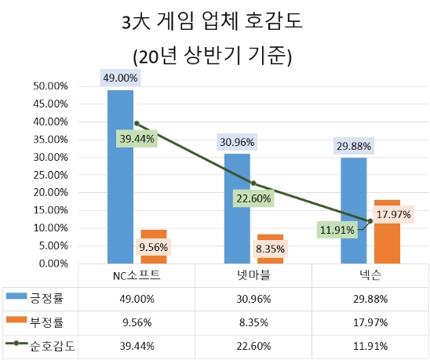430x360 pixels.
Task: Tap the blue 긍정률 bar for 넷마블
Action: (237, 208)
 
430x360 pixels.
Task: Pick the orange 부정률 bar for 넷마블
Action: (270, 253)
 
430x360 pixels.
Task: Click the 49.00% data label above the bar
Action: (120, 78)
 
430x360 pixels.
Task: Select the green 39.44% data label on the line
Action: (137, 138)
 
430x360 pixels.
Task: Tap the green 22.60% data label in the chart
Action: (253, 198)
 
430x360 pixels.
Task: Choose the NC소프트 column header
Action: (137, 276)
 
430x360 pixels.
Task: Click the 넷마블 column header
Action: (253, 276)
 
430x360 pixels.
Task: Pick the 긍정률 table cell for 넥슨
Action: (370, 299)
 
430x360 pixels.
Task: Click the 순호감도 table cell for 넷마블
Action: (253, 345)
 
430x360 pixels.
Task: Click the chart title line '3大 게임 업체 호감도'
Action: (213, 24)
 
